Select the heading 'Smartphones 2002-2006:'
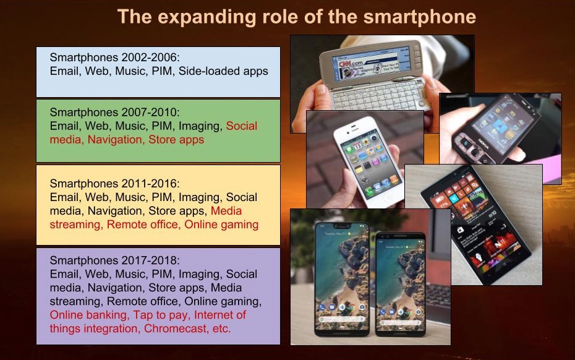[x=115, y=58]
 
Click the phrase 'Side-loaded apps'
[x=223, y=71]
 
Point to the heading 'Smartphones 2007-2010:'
[x=115, y=113]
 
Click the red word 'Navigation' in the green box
[x=115, y=139]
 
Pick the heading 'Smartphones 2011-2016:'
[x=115, y=184]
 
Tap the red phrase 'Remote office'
[x=142, y=224]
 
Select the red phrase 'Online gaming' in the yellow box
[x=221, y=224]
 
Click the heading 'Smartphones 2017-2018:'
[x=115, y=260]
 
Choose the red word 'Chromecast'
[x=176, y=328]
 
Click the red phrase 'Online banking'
[x=88, y=315]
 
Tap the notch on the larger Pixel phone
[x=342, y=225]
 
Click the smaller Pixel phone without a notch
[x=400, y=284]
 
